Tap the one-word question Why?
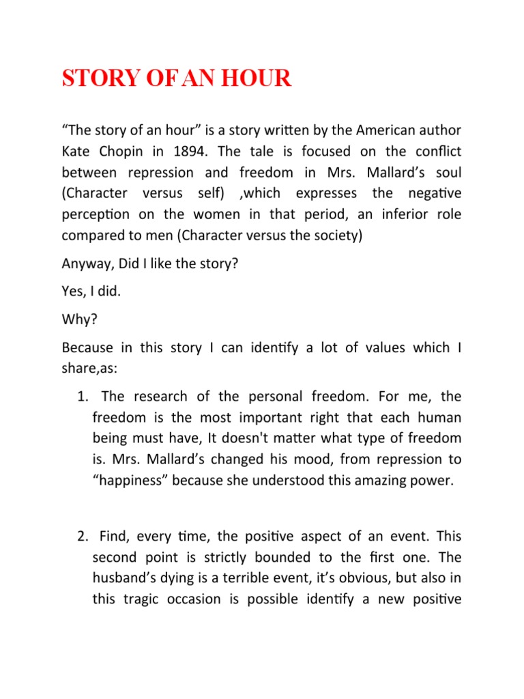[x=78, y=319]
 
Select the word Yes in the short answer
[x=73, y=291]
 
